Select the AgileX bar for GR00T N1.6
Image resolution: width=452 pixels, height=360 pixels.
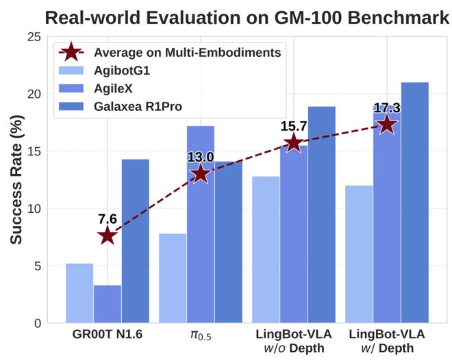(108, 304)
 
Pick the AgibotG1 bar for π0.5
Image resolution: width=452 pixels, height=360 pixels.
(173, 278)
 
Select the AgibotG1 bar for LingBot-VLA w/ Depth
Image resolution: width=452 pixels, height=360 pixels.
(359, 254)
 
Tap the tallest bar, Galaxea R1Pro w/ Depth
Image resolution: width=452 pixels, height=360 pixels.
(415, 203)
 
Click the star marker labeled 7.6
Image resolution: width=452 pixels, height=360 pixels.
(108, 236)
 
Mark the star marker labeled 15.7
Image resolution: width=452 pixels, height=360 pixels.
(294, 142)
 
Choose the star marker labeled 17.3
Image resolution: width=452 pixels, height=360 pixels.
(387, 125)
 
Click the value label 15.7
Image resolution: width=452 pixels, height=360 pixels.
(293, 127)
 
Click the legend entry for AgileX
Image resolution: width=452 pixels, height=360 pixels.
(112, 87)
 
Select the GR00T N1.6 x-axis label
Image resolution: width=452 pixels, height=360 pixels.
(108, 334)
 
